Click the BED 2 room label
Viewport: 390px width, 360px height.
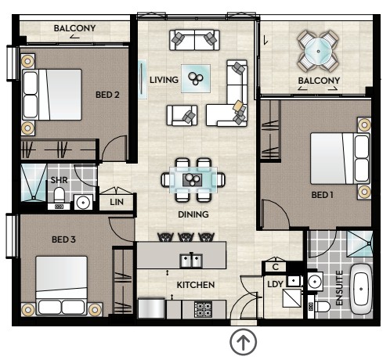pyautogui.click(x=107, y=95)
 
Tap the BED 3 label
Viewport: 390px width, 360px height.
pyautogui.click(x=63, y=239)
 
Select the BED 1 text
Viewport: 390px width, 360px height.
pyautogui.click(x=323, y=195)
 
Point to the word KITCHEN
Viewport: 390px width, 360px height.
pyautogui.click(x=196, y=285)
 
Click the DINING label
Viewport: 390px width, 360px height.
pyautogui.click(x=193, y=214)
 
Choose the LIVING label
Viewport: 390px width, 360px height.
pyautogui.click(x=164, y=80)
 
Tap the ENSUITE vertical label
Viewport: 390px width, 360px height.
pyautogui.click(x=339, y=288)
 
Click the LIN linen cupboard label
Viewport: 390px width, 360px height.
pyautogui.click(x=117, y=202)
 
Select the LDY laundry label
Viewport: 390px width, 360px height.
pyautogui.click(x=275, y=284)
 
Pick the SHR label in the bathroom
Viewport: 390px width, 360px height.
pyautogui.click(x=59, y=180)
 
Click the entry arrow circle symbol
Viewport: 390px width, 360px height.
pyautogui.click(x=244, y=342)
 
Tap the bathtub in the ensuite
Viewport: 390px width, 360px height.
pyautogui.click(x=361, y=290)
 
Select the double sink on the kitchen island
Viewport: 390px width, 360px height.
pyautogui.click(x=191, y=261)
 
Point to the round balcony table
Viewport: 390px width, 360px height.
pyautogui.click(x=318, y=51)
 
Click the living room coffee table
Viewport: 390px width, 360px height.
pyautogui.click(x=196, y=78)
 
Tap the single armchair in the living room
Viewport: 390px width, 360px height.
pyautogui.click(x=182, y=115)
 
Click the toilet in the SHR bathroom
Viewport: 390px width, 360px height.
pyautogui.click(x=60, y=196)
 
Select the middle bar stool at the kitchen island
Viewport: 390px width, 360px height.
pyautogui.click(x=186, y=237)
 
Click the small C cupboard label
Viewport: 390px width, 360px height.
pyautogui.click(x=276, y=267)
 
